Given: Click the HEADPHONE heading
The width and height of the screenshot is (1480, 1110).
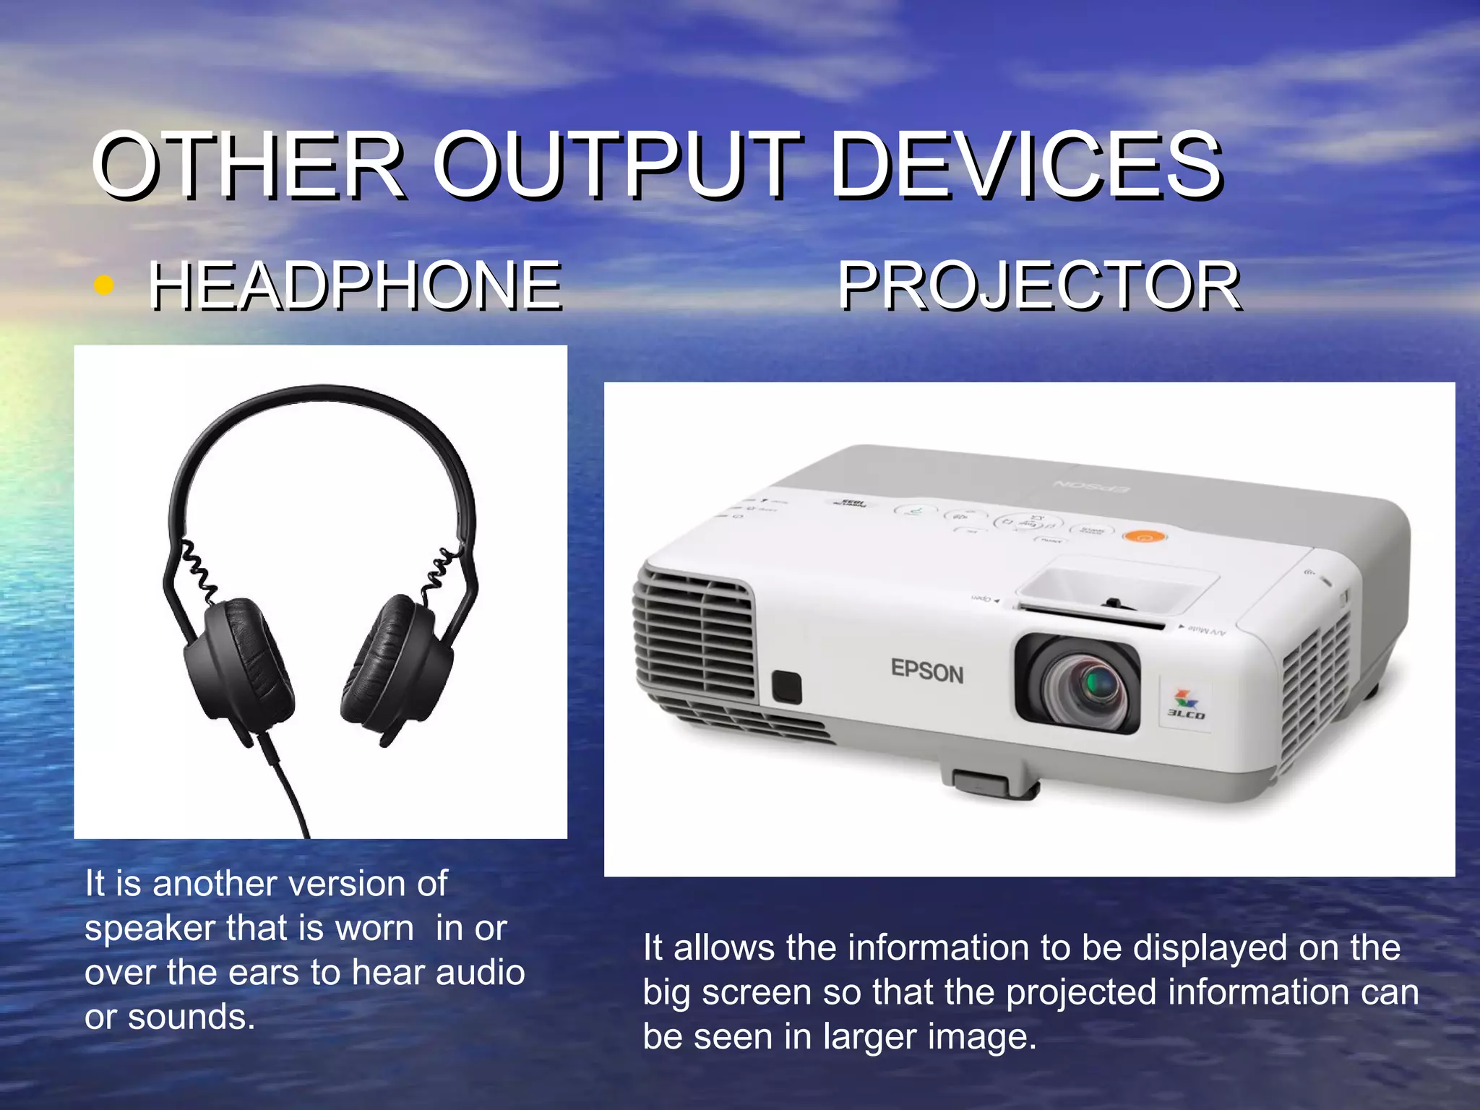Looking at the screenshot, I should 355,286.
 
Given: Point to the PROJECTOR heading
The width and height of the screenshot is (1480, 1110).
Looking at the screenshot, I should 1038,286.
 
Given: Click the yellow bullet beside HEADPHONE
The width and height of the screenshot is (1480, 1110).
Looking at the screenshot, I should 104,285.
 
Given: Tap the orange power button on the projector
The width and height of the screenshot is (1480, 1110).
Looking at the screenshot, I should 1145,537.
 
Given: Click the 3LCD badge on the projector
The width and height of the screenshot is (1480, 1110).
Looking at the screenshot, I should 1185,705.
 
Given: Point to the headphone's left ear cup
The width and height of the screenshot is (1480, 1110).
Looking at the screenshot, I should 238,661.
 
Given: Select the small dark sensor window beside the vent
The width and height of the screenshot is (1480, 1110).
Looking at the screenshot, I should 786,687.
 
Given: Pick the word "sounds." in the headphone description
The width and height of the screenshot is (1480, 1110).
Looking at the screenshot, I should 192,1017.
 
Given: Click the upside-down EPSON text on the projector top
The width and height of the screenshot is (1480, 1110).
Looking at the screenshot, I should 1091,486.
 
